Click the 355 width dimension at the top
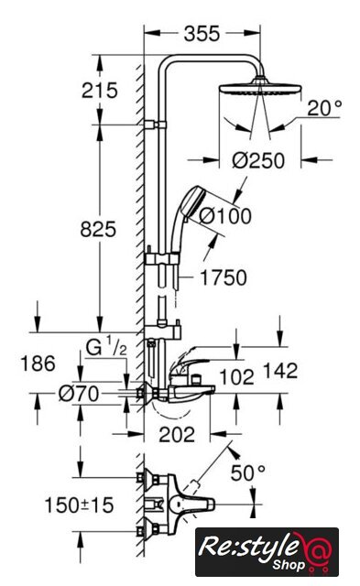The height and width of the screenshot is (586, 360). [x=202, y=34]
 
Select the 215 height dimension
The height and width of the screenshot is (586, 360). [x=100, y=91]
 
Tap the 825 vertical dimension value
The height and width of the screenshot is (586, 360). [x=98, y=229]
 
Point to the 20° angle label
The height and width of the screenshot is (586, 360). [x=324, y=108]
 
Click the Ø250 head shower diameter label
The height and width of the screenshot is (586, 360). [x=258, y=161]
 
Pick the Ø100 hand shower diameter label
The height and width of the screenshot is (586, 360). [x=225, y=216]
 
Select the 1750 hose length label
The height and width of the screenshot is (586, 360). [x=224, y=277]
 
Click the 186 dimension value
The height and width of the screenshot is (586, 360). [x=38, y=364]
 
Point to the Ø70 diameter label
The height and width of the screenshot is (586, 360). [x=80, y=394]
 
